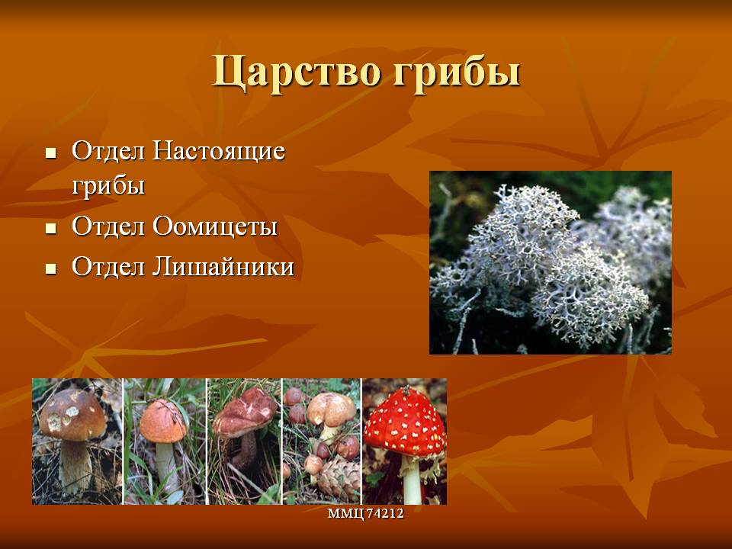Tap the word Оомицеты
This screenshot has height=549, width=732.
click(215, 226)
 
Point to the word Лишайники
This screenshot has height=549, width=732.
click(223, 267)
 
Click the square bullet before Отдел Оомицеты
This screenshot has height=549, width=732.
click(51, 228)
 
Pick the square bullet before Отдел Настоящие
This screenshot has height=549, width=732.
click(51, 153)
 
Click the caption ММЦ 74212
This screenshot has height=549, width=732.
click(365, 513)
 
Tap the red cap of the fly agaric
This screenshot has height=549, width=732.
click(405, 423)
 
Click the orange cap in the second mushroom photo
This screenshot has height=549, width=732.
click(162, 421)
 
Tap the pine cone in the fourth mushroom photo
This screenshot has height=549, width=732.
click(340, 479)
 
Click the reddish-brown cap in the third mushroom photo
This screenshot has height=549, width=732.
click(245, 412)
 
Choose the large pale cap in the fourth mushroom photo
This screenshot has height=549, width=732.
click(332, 409)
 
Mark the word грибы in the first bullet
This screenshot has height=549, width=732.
click(108, 186)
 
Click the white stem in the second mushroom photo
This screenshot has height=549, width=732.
click(166, 464)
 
